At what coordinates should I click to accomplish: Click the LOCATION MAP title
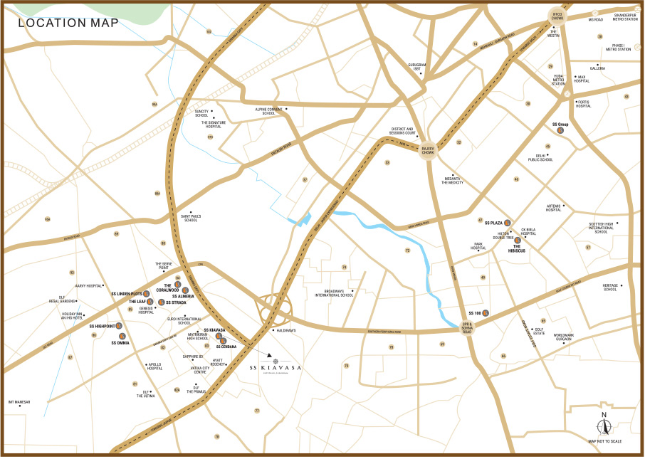click(x=68, y=22)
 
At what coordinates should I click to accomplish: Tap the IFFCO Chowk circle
click(x=557, y=16)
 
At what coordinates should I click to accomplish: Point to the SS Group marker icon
click(x=560, y=130)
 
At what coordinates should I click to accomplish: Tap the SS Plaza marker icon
click(x=507, y=223)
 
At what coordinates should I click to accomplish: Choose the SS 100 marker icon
click(x=486, y=313)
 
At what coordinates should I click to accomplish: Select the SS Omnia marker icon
click(x=121, y=335)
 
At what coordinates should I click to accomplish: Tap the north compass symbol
click(x=604, y=425)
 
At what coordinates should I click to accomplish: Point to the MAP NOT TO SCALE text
click(x=604, y=441)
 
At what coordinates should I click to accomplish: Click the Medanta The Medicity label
click(x=452, y=181)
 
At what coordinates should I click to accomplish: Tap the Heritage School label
click(x=610, y=287)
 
